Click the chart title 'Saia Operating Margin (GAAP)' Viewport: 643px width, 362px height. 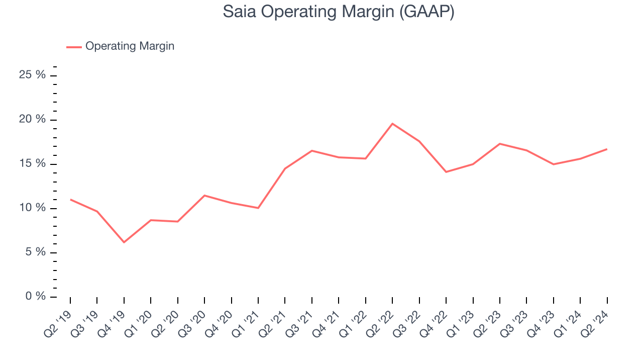click(x=339, y=12)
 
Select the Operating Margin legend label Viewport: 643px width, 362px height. click(x=130, y=46)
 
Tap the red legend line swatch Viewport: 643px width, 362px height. click(x=74, y=47)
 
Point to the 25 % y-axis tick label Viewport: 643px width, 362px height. click(x=32, y=75)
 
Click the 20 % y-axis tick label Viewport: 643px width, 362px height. click(x=32, y=120)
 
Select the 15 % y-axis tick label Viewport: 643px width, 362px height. click(x=32, y=164)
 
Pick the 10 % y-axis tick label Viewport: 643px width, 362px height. click(x=32, y=208)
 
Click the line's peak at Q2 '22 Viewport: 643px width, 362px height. click(x=392, y=123)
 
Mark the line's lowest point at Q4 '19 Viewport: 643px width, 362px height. click(x=124, y=242)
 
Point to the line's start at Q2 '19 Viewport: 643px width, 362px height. click(x=70, y=200)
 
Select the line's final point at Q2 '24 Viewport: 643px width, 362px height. click(x=607, y=149)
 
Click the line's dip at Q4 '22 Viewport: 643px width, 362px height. click(x=446, y=172)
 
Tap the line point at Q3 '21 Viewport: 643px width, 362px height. click(x=312, y=151)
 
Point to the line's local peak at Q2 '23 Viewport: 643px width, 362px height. click(x=499, y=144)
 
